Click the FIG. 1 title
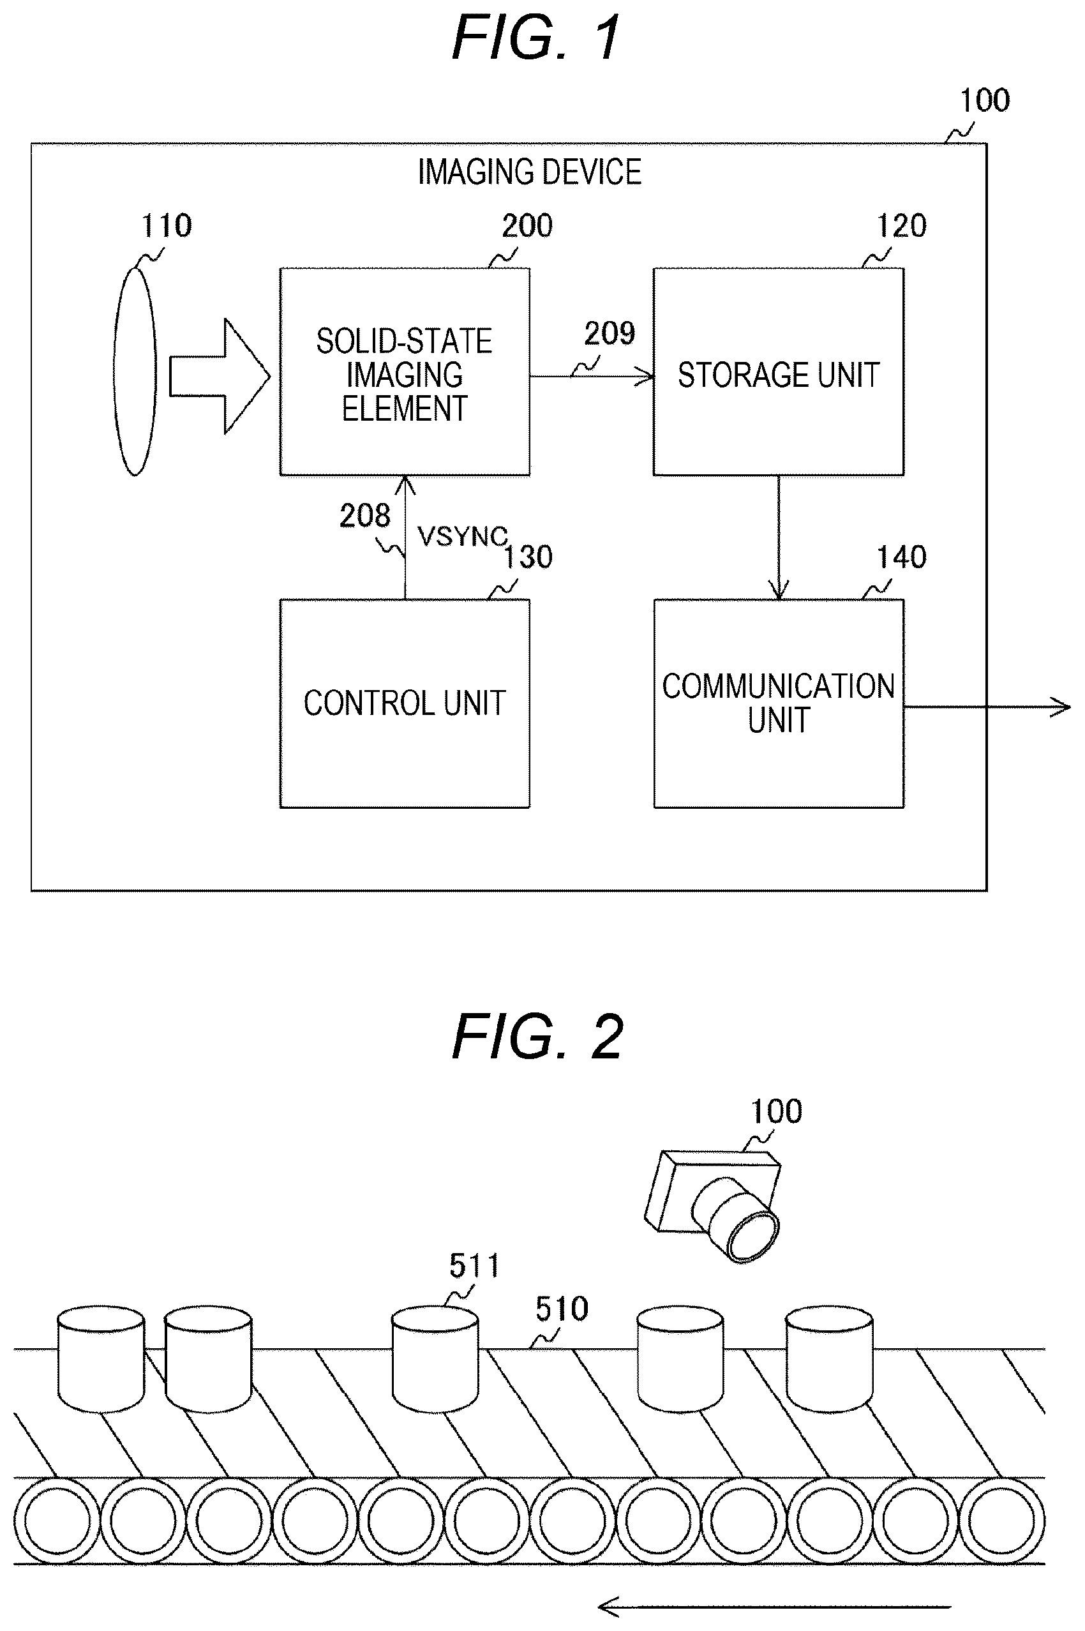[x=536, y=39]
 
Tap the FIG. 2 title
[x=537, y=1036]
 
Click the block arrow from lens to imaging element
[x=220, y=377]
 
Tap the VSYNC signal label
[x=462, y=536]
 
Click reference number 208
[x=364, y=516]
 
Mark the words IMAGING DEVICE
[x=529, y=172]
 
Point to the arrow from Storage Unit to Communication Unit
[x=779, y=537]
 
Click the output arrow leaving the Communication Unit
[x=987, y=707]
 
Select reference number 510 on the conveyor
[x=562, y=1309]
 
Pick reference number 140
[x=901, y=557]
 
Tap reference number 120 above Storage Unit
[x=901, y=226]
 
